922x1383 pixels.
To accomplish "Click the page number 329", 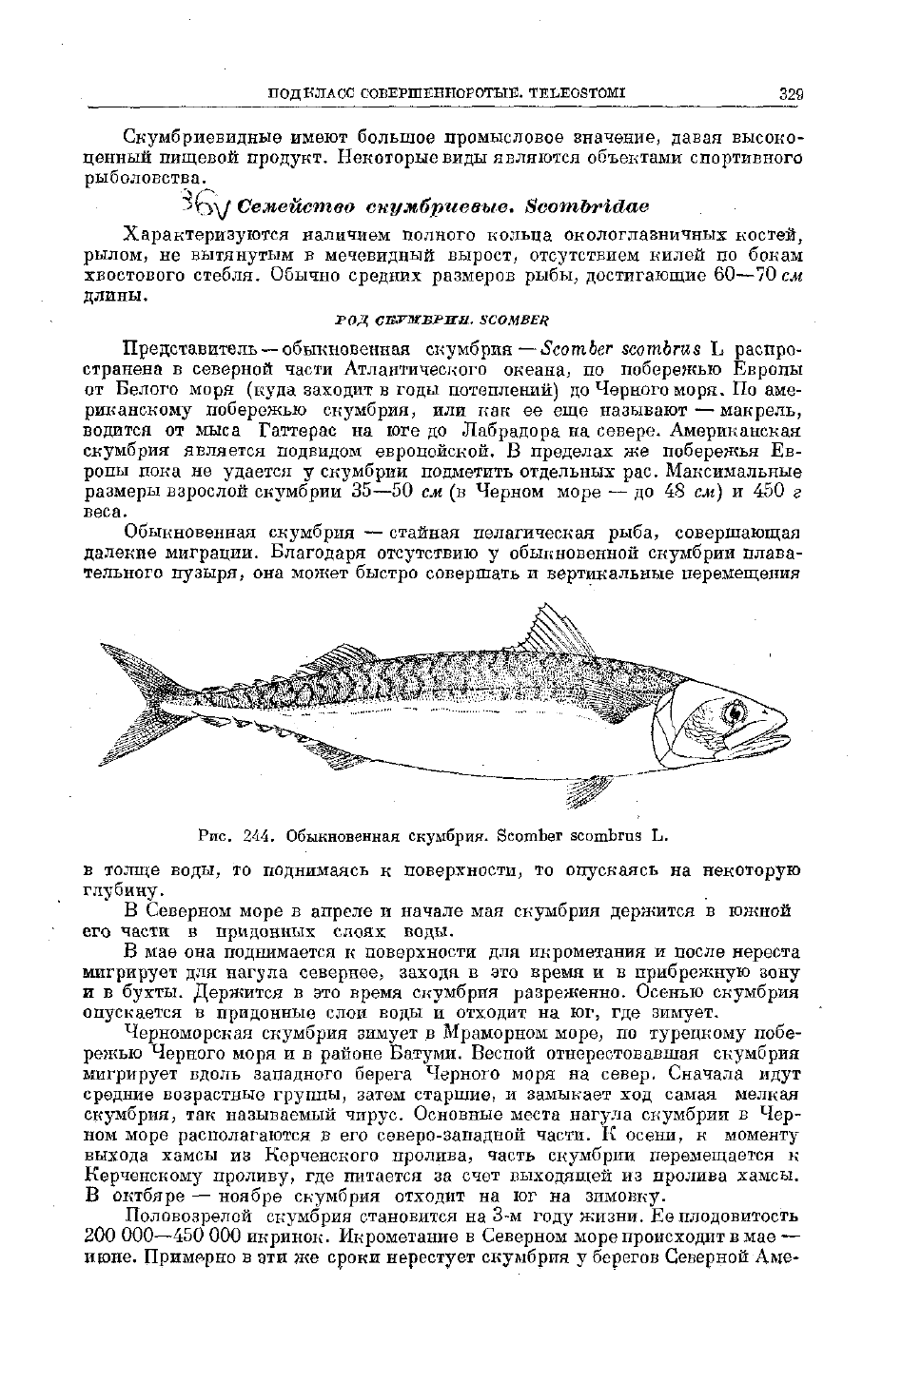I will pos(792,93).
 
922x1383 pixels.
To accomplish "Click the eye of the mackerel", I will pos(734,711).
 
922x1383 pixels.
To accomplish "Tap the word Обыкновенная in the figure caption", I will pos(343,837).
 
